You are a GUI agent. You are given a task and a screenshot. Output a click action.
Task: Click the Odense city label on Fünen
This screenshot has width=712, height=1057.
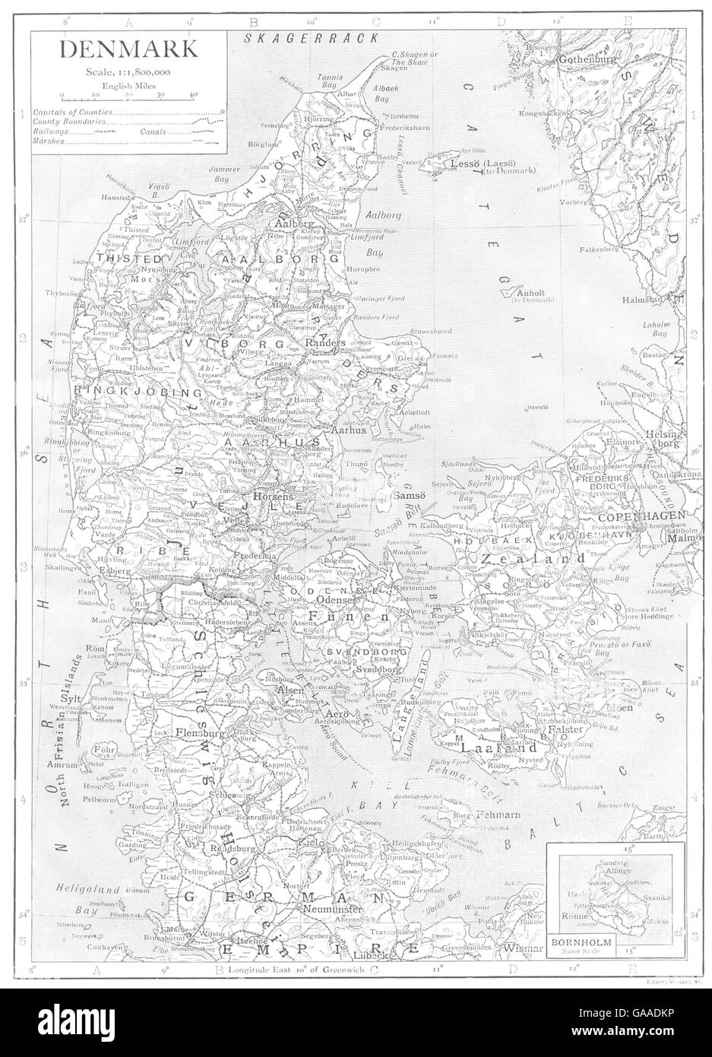pos(332,600)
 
